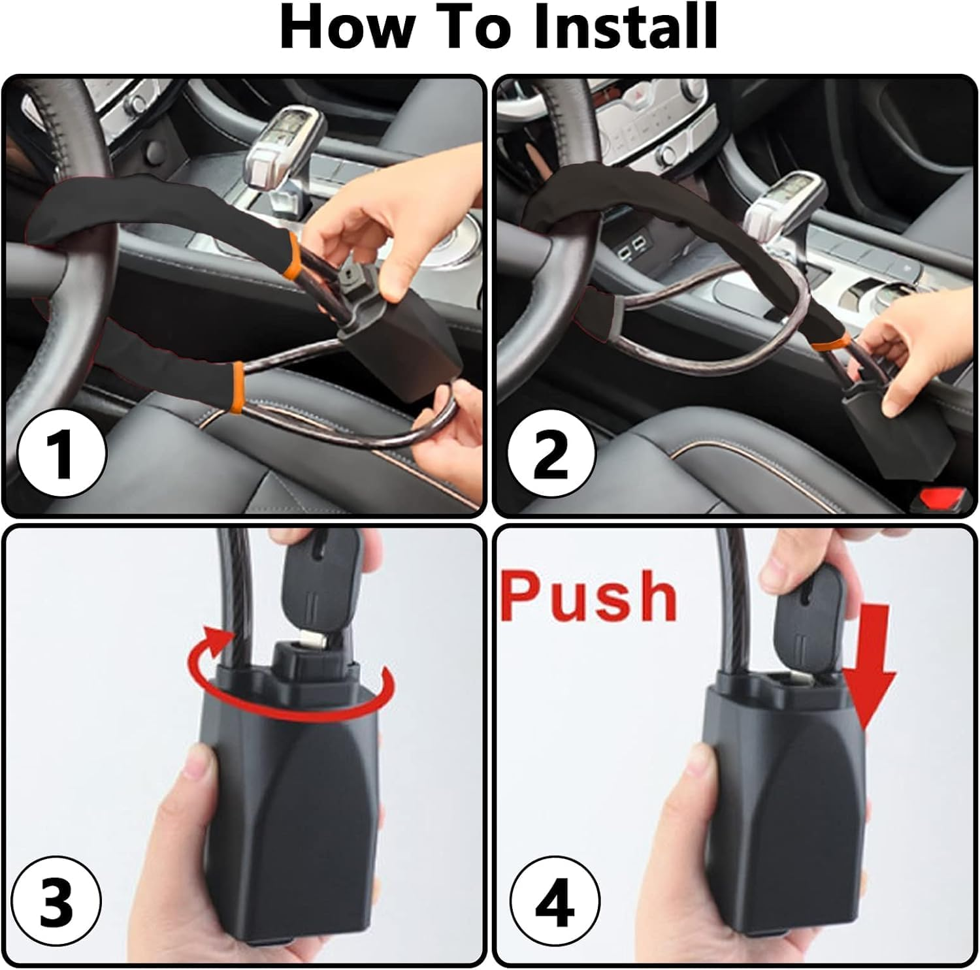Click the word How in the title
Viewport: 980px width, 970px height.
[x=346, y=27]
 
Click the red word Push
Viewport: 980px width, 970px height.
[x=589, y=596]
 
